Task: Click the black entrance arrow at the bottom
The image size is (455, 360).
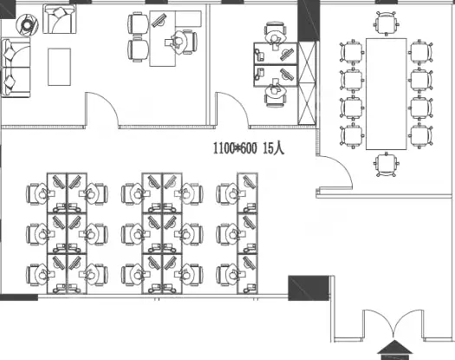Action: click(394, 350)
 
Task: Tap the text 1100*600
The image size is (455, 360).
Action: click(235, 148)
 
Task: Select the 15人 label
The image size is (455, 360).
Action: click(274, 148)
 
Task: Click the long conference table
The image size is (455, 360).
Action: click(387, 94)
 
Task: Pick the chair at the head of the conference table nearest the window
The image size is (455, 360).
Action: click(387, 23)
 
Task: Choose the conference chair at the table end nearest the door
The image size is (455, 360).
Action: click(387, 165)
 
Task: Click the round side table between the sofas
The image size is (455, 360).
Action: click(27, 25)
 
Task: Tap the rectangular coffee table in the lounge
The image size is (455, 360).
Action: click(59, 67)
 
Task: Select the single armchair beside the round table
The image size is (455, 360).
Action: click(60, 19)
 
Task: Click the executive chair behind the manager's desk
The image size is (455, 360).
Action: click(185, 42)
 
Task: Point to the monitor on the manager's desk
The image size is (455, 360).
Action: click(159, 20)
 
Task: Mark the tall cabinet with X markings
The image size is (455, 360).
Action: click(307, 83)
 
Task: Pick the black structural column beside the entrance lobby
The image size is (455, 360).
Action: click(309, 288)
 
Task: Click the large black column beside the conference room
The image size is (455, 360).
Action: click(309, 21)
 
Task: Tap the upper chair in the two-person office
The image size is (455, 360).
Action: click(275, 33)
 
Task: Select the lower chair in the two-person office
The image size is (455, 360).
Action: click(275, 95)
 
